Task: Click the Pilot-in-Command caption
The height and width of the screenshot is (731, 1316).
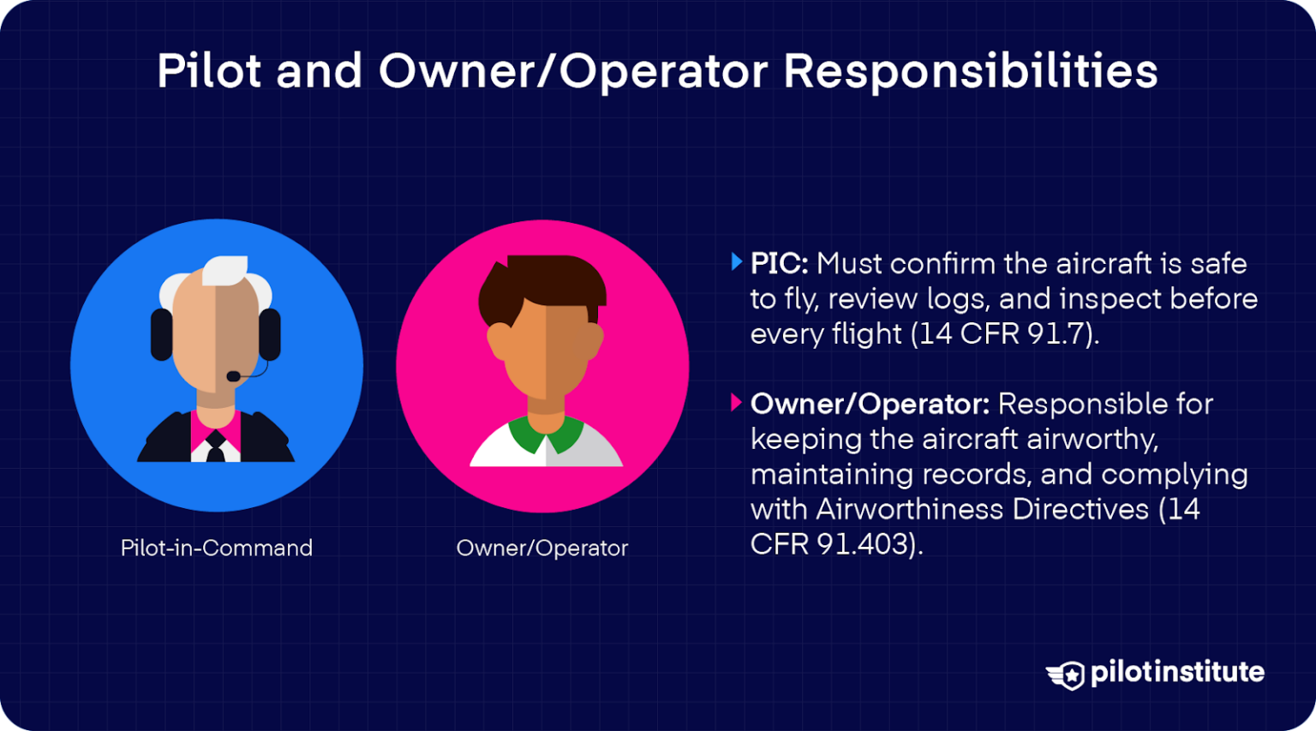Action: pos(217,548)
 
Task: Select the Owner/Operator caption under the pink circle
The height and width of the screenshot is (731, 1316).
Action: pos(541,548)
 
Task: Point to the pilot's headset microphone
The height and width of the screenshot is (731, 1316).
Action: pos(234,376)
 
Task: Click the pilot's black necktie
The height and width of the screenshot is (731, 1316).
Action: pos(215,446)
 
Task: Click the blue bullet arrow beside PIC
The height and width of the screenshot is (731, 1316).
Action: pos(736,262)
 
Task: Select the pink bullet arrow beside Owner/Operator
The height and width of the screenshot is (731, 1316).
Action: pos(736,403)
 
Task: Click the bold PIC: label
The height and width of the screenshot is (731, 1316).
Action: pos(779,263)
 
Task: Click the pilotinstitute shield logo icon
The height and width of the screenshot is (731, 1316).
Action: pos(1066,674)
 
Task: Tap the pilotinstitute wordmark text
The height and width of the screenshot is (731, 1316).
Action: pos(1177,672)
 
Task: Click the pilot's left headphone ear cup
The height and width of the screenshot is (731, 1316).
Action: pos(161,334)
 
